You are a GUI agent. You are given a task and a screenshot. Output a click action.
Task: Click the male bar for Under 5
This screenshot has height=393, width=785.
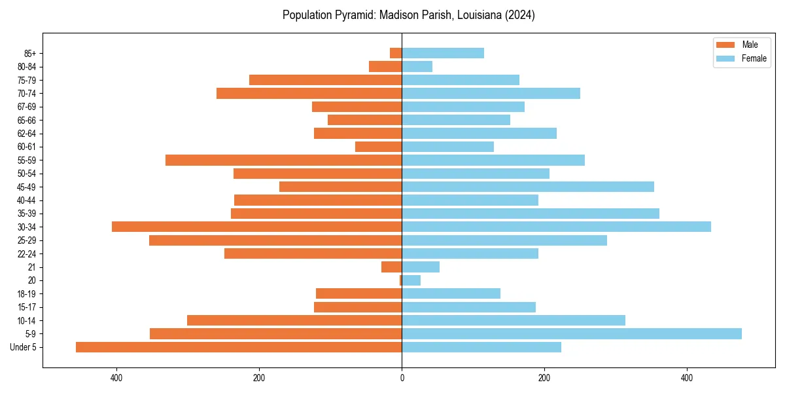click(239, 347)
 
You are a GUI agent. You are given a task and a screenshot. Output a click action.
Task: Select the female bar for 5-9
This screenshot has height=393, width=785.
click(572, 333)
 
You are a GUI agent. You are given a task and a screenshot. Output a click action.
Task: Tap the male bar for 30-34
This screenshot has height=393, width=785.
click(256, 227)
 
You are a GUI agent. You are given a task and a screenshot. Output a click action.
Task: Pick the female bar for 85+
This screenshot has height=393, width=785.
click(443, 53)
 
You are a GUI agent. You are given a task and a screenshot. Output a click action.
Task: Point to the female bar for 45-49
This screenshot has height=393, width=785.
click(528, 187)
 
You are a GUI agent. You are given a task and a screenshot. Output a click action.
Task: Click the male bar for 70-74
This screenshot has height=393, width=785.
click(309, 93)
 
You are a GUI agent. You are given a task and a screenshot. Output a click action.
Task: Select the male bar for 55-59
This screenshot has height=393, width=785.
click(283, 160)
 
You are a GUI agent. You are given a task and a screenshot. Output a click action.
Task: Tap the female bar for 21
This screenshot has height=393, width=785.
click(421, 267)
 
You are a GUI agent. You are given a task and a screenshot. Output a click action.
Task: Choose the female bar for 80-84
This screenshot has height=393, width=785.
click(417, 66)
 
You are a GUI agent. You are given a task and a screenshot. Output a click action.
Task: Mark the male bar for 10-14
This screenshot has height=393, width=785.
click(294, 320)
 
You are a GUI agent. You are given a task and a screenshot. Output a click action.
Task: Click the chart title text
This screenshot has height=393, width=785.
click(408, 15)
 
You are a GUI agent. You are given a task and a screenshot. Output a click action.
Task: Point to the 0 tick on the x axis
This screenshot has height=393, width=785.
click(402, 378)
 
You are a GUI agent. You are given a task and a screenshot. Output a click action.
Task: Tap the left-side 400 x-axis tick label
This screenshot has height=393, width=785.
click(116, 378)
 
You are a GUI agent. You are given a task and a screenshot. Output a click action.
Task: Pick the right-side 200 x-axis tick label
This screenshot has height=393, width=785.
click(544, 378)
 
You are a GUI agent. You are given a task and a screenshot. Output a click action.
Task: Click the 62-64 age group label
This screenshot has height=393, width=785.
click(27, 134)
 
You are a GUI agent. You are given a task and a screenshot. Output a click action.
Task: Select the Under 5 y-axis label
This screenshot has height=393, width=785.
click(24, 347)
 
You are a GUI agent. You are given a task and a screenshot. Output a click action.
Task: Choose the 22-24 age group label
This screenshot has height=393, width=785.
click(27, 253)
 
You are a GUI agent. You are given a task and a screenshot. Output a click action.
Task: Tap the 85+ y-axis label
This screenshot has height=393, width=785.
click(30, 53)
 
